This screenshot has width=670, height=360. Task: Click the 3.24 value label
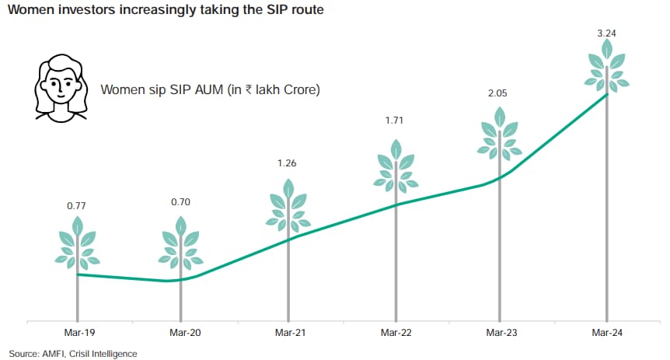point(606,33)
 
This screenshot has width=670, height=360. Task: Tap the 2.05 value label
point(497,93)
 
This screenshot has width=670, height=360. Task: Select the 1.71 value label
point(394,121)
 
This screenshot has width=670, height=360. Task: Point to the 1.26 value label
point(287,163)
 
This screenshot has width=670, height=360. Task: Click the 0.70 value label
point(180,202)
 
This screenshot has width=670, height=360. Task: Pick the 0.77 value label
point(76,206)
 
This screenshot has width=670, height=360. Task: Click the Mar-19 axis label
point(79,333)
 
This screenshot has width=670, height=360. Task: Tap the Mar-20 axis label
point(185,333)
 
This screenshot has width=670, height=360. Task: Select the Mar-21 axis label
point(291,333)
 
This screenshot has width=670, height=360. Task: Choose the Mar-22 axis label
point(396,333)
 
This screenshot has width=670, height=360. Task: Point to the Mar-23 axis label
point(501,333)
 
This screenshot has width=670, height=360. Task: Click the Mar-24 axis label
point(607,333)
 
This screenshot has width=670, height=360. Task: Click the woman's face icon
point(61,88)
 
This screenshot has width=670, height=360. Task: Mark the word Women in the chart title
point(31,9)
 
